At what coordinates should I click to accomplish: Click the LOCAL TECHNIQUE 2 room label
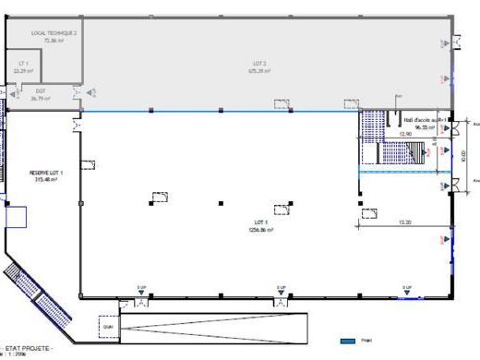click(x=54, y=32)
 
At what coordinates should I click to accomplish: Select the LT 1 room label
click(x=23, y=63)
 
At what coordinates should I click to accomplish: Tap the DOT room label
click(x=41, y=90)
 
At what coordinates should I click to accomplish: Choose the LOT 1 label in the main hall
click(x=260, y=222)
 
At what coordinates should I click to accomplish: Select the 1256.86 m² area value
click(x=260, y=230)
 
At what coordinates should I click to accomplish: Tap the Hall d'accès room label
click(x=425, y=120)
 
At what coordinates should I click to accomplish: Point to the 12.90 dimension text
click(x=404, y=134)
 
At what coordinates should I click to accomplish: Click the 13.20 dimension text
click(x=404, y=222)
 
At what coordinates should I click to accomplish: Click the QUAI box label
click(x=108, y=326)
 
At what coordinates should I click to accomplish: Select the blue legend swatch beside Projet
click(x=347, y=342)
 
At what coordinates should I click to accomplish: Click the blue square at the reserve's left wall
click(x=16, y=217)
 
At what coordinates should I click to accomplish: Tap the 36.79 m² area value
click(x=41, y=98)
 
